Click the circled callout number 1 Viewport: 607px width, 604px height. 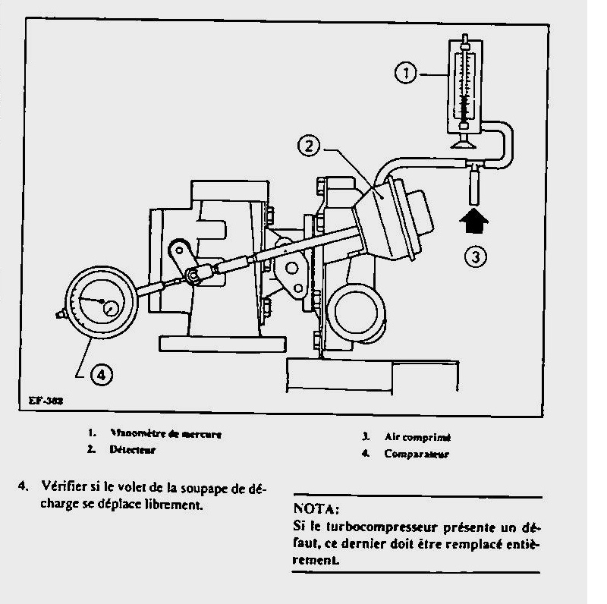click(x=407, y=74)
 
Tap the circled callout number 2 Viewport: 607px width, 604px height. click(x=307, y=147)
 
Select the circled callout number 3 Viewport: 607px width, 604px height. click(x=475, y=256)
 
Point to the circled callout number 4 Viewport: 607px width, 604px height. click(x=101, y=373)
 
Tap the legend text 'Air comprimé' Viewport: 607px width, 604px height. click(x=410, y=437)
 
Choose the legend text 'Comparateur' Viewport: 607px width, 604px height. click(x=417, y=455)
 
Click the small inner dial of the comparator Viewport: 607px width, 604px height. click(x=112, y=307)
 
